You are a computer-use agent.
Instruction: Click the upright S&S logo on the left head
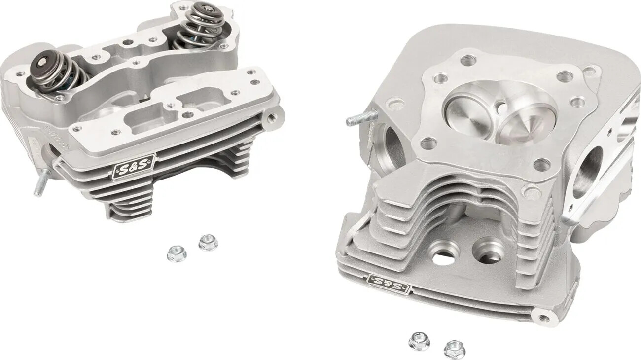click(134, 167)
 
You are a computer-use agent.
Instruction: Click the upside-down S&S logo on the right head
click(389, 284)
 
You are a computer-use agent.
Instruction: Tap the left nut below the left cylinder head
click(176, 253)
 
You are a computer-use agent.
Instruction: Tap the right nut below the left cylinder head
click(208, 242)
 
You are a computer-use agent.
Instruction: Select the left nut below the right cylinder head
click(419, 341)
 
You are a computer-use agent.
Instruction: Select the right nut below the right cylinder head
click(455, 349)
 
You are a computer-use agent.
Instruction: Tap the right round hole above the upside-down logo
click(488, 250)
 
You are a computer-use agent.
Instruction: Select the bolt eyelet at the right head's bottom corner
click(543, 318)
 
